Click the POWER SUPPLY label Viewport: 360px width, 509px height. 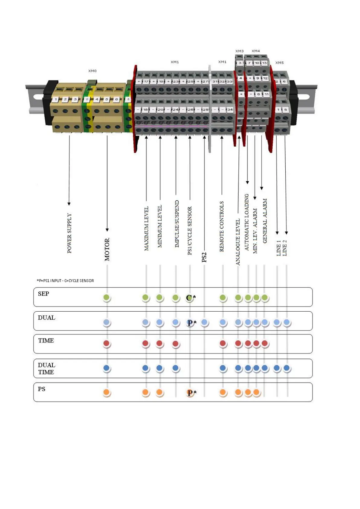(x=69, y=233)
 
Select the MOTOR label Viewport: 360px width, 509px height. (x=107, y=249)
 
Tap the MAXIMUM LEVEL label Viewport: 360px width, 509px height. (x=146, y=229)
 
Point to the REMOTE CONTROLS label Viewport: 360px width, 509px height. (x=222, y=226)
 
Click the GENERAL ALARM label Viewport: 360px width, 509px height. (x=265, y=221)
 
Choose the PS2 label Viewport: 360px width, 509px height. (x=204, y=257)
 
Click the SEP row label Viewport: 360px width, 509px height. (x=44, y=294)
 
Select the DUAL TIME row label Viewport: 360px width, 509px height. (x=46, y=368)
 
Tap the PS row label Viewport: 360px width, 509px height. (x=41, y=389)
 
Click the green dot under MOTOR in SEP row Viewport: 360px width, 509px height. (x=106, y=297)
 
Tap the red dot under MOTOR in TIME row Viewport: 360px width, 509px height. (x=106, y=343)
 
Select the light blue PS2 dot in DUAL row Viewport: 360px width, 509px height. (x=204, y=322)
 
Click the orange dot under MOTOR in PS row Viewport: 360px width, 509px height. (x=107, y=392)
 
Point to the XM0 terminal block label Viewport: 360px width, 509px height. (x=92, y=71)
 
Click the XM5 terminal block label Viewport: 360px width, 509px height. (x=279, y=63)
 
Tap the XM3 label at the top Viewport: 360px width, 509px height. (x=239, y=51)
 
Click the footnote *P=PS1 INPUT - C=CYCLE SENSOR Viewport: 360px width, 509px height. (x=65, y=281)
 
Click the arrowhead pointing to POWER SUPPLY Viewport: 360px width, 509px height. (x=69, y=204)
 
